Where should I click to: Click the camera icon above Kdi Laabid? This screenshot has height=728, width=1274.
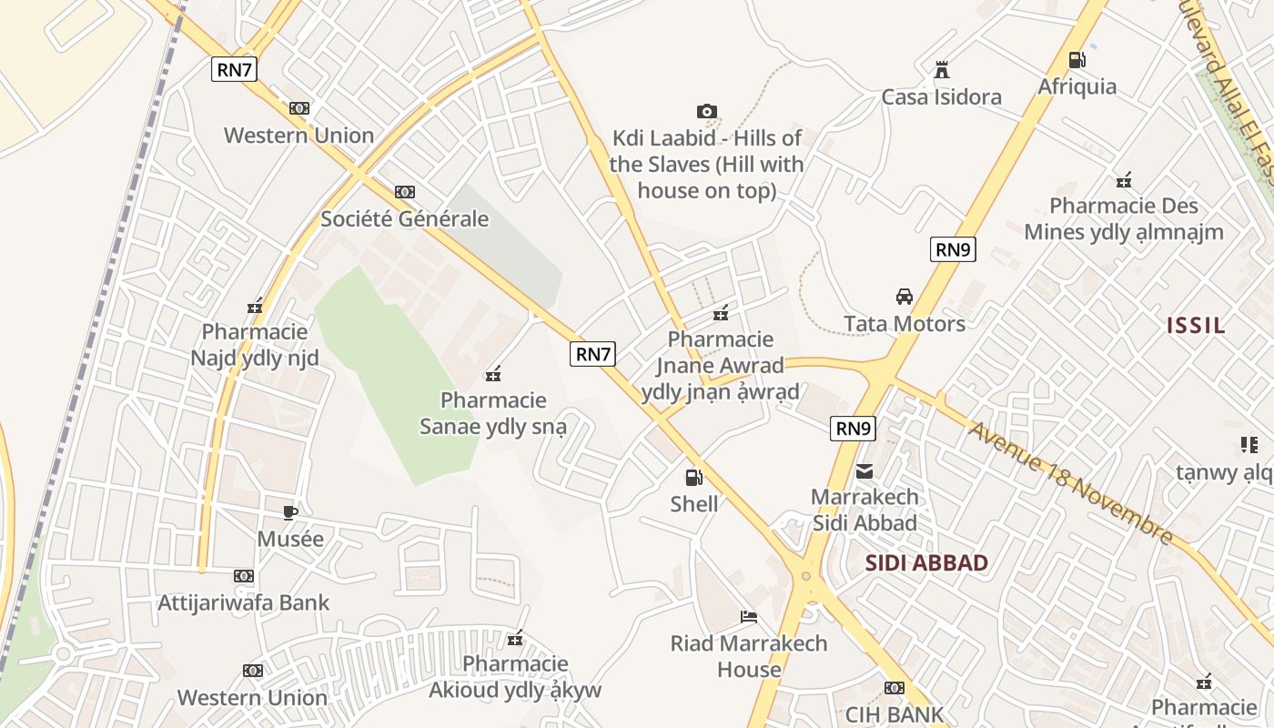point(706,112)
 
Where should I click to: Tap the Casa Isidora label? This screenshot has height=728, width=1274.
point(941,96)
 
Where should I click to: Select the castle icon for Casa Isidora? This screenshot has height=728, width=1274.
point(942,70)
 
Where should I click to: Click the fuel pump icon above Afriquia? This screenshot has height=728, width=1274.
point(1077,60)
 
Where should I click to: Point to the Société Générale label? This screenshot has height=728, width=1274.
point(404,218)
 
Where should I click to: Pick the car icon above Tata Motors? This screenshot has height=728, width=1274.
point(904,297)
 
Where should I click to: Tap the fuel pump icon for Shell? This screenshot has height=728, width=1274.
point(693,477)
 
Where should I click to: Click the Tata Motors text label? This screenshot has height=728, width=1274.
point(904,323)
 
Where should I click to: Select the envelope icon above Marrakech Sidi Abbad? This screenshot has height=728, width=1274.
point(864,471)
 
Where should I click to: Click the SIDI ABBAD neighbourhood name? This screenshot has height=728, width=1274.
point(926,562)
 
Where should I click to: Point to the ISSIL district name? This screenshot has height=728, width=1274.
point(1196,325)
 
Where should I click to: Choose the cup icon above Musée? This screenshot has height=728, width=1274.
point(289,512)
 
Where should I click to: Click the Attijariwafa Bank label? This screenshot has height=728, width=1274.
point(244,602)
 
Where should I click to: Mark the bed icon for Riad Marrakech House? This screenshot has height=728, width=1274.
point(749,617)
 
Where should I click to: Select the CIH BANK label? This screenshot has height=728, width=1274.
point(895,714)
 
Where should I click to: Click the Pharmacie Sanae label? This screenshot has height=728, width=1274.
point(493,412)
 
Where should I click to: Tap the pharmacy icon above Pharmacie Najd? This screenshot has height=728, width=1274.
point(255,306)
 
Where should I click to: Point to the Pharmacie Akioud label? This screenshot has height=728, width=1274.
point(515,676)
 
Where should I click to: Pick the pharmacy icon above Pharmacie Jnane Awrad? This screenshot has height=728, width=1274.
point(721,313)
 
